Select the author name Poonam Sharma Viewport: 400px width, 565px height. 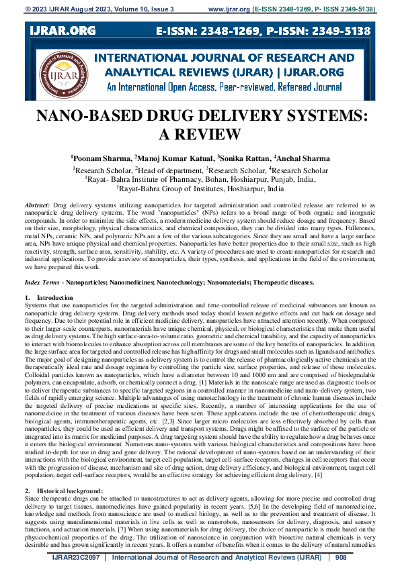(x=102, y=159)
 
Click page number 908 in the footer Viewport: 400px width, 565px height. (x=340, y=558)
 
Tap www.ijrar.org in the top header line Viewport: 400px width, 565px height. (x=228, y=10)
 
